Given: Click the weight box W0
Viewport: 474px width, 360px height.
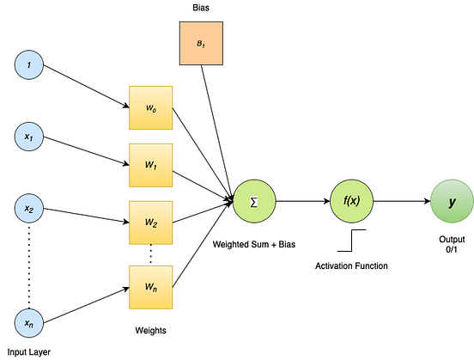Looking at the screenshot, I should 151,109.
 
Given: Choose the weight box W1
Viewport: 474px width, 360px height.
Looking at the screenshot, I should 151,165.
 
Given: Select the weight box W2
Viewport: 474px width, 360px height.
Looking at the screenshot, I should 151,223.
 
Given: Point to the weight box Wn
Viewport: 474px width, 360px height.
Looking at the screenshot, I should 151,288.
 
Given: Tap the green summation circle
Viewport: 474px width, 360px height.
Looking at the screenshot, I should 254,201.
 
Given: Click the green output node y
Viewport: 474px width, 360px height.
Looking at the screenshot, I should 452,202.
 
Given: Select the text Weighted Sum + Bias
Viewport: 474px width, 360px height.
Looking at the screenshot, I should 254,246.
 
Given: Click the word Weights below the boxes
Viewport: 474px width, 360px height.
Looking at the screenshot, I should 151,330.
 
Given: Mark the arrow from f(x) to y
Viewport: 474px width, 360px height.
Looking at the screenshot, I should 400,202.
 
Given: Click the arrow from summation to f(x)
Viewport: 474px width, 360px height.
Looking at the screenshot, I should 301,202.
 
